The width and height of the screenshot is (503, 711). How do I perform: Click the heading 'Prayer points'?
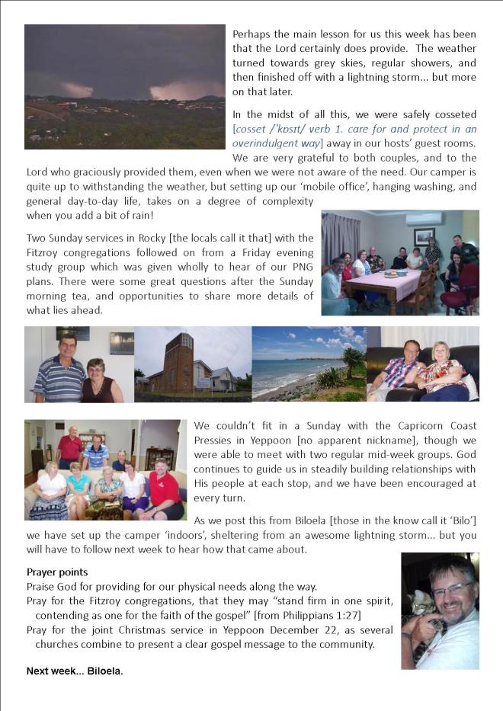pos(57,572)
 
